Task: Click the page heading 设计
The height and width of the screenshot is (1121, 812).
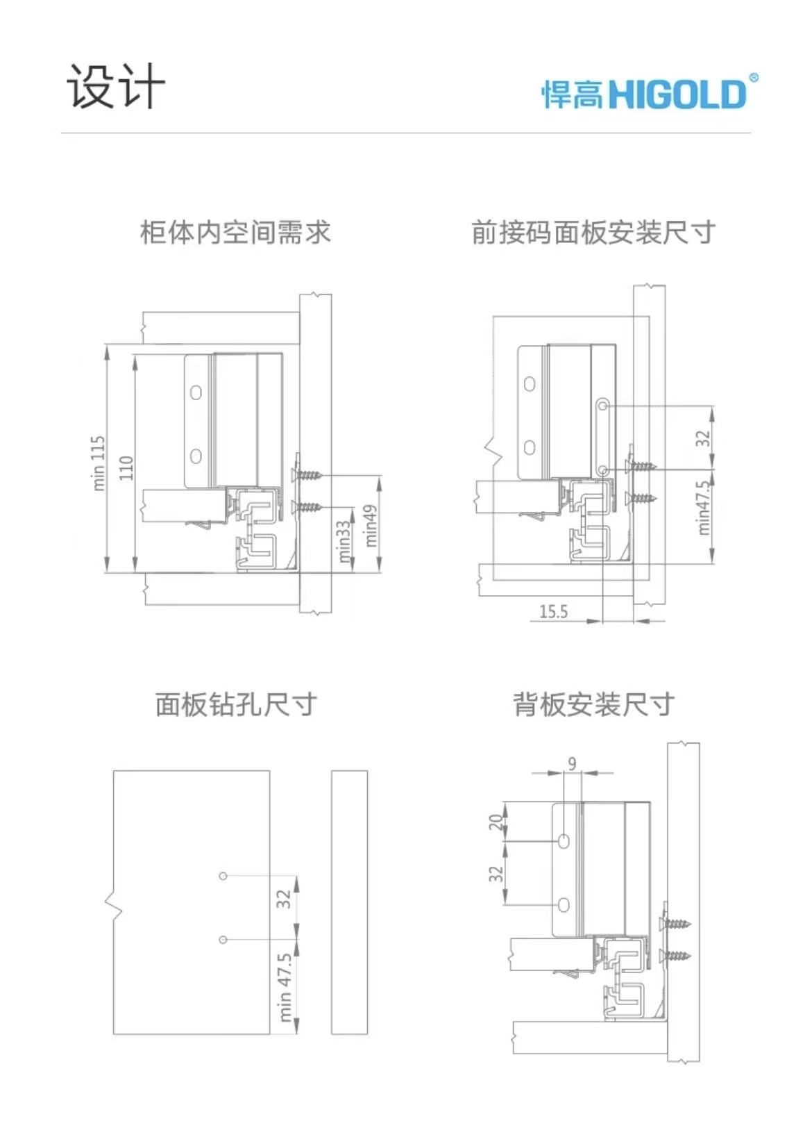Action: coord(116,86)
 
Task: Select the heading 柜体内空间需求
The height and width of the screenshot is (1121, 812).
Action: coord(235,233)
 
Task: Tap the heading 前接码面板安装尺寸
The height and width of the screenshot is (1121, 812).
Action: coord(593,233)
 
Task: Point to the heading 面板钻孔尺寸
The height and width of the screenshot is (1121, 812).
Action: coord(235,705)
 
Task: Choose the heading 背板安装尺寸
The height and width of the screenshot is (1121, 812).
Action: coord(593,705)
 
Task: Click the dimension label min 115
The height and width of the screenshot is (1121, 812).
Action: coord(99,463)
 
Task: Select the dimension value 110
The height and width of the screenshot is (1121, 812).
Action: coord(127,467)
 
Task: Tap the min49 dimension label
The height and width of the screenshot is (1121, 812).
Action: coord(371,526)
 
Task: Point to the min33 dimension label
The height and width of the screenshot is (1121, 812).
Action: coord(344,542)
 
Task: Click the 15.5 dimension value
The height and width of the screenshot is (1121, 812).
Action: coord(554,611)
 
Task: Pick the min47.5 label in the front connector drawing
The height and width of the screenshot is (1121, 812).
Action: coord(703,508)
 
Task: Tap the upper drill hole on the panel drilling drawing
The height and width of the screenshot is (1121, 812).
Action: coord(223,876)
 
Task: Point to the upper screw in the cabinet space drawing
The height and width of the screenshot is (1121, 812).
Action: coord(307,474)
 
